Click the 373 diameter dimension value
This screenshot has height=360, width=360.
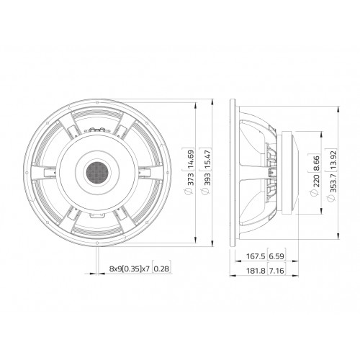[191, 179]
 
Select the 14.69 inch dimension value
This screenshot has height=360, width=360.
[191, 159]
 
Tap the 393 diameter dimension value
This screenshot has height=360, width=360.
[207, 179]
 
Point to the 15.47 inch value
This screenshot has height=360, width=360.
[207, 159]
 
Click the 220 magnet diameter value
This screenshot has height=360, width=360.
[317, 181]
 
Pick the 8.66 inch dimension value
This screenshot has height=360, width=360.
[317, 163]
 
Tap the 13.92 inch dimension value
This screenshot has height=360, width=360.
[333, 160]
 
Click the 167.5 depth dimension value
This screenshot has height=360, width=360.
[256, 256]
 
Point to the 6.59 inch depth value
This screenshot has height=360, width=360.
[276, 256]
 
